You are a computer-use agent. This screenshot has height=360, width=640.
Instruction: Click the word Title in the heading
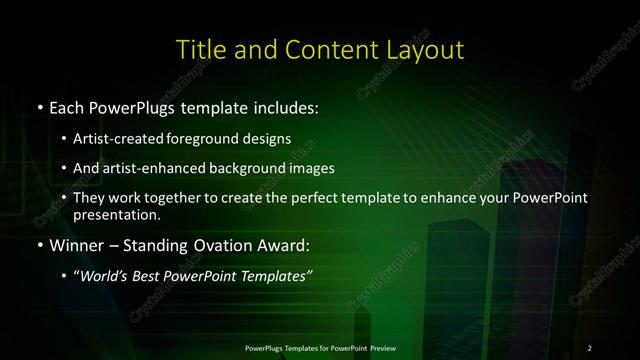pos(199,49)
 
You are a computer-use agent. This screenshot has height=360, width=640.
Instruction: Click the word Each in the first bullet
pos(66,105)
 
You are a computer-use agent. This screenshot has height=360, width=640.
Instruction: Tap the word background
pos(259,168)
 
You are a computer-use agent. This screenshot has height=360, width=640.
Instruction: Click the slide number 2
pos(589,347)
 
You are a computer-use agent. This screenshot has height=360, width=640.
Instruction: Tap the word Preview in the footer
pos(381,347)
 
